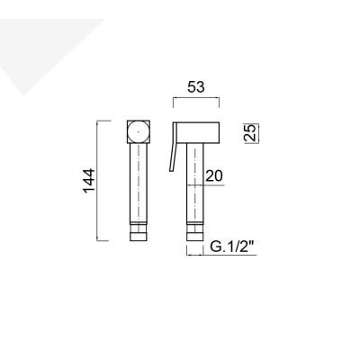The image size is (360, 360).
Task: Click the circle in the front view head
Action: pyautogui.click(x=138, y=134)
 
